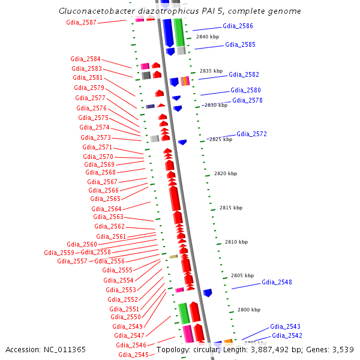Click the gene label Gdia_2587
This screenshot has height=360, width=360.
click(x=81, y=22)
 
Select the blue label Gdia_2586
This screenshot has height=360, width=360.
click(x=238, y=26)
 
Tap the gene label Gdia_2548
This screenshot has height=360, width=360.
click(x=277, y=282)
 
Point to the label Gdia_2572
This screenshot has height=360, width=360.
click(x=251, y=134)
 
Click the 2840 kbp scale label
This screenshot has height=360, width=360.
click(x=208, y=37)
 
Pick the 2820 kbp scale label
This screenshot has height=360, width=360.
click(x=226, y=173)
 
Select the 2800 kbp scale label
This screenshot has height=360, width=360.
click(x=248, y=310)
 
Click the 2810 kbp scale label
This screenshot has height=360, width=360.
click(x=236, y=242)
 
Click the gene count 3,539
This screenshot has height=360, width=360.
click(x=341, y=349)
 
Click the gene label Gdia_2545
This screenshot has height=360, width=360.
click(x=133, y=355)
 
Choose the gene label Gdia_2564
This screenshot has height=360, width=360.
click(x=106, y=209)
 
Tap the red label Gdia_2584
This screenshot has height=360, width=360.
click(x=85, y=59)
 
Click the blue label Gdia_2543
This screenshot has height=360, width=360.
click(x=285, y=326)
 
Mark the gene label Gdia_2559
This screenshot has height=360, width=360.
click(x=59, y=253)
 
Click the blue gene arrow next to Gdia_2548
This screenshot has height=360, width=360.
click(x=208, y=293)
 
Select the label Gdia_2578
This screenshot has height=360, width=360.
click(x=247, y=100)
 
